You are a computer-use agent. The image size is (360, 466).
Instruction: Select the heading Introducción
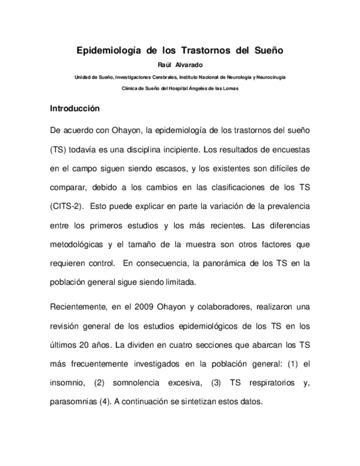75,109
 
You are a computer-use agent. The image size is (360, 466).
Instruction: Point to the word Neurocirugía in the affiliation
269,77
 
